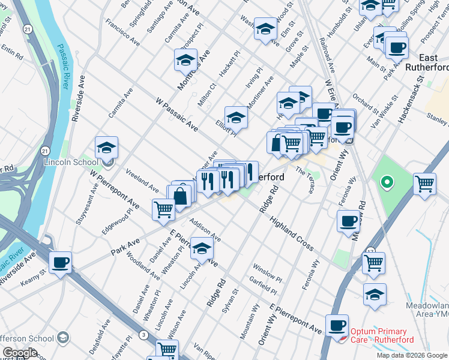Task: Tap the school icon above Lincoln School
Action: [x=106, y=148]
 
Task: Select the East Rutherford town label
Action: [x=427, y=62]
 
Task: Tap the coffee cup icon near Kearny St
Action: [x=60, y=263]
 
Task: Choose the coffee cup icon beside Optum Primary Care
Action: [x=337, y=325]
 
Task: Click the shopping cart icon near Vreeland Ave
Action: [x=163, y=209]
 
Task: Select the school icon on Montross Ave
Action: [x=186, y=61]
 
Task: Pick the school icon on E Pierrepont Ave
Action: [x=202, y=248]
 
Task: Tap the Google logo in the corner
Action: [x=19, y=353]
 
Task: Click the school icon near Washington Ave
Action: [x=265, y=29]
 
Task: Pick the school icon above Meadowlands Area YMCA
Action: [x=375, y=295]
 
